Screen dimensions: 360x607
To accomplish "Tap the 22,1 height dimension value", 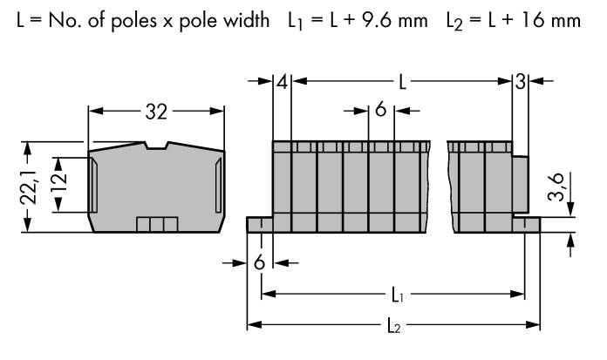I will [29, 186].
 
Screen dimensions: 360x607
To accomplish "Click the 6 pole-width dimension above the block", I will [381, 110].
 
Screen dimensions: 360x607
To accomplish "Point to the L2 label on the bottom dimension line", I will [395, 326].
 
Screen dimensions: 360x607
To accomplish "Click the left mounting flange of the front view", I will [260, 226].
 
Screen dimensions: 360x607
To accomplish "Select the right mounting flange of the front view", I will [527, 226].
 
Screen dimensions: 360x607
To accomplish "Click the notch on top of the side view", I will [157, 145].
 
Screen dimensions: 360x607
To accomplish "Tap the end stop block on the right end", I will [521, 183].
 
